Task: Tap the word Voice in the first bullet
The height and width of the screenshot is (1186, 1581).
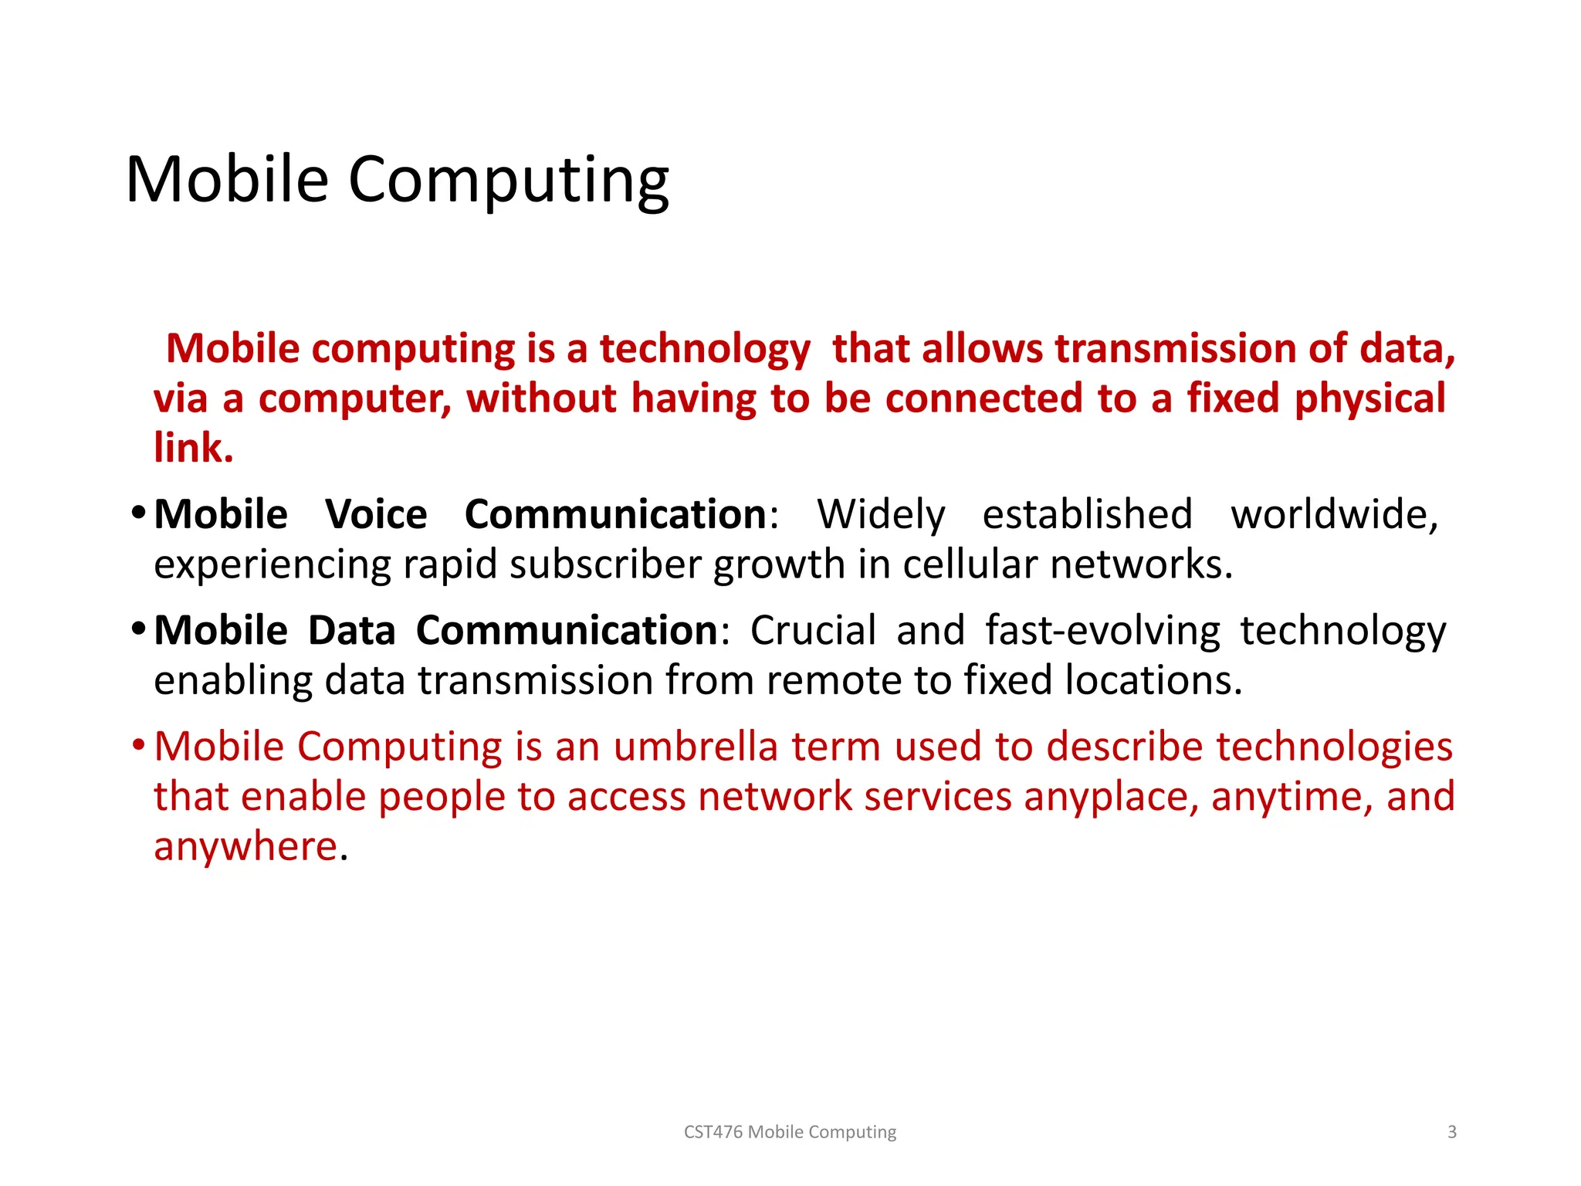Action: pos(376,514)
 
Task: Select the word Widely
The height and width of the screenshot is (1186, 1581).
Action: pos(881,514)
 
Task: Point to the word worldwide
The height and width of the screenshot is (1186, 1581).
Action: pos(1334,514)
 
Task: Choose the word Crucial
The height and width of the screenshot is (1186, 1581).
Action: pos(813,630)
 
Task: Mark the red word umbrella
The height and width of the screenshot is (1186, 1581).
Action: pos(696,747)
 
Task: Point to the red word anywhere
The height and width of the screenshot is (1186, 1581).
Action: pos(245,847)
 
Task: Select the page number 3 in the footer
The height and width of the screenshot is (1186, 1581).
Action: pos(1452,1132)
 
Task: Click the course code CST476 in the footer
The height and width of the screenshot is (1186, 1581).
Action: pos(713,1132)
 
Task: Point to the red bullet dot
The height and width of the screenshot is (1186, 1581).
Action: pos(138,744)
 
